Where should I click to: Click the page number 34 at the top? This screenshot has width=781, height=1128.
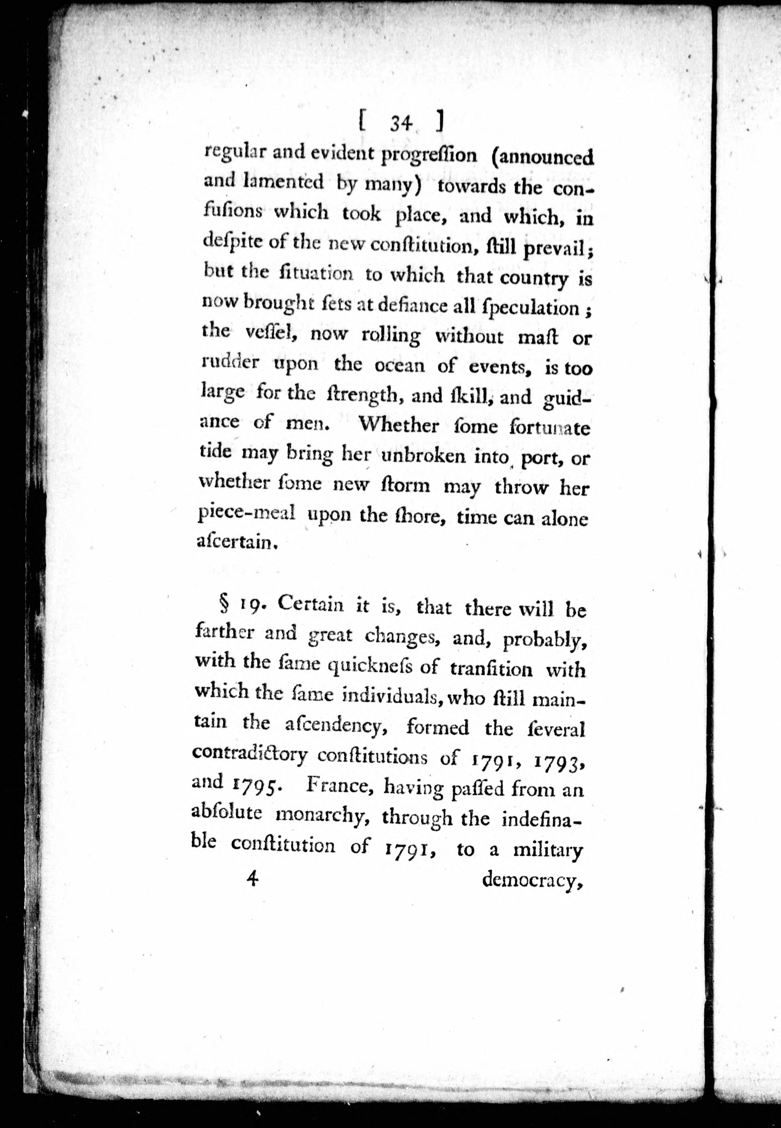coord(400,124)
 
